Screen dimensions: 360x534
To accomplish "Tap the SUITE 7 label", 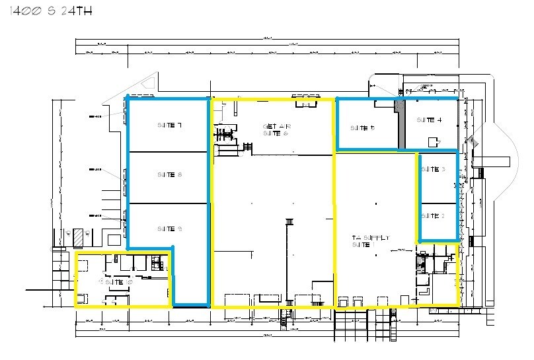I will pyautogui.click(x=170, y=125).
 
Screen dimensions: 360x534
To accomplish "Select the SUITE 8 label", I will pyautogui.click(x=170, y=175).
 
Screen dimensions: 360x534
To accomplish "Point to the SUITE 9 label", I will pyautogui.click(x=170, y=229).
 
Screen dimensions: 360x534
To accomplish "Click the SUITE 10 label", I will pyautogui.click(x=119, y=281).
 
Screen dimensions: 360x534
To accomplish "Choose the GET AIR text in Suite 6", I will pyautogui.click(x=277, y=126).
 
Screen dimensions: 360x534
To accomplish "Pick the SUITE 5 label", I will pyautogui.click(x=363, y=128).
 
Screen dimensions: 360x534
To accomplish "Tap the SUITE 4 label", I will pyautogui.click(x=430, y=120).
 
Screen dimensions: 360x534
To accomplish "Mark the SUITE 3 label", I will pyautogui.click(x=434, y=170).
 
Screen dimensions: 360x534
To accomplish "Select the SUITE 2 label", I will pyautogui.click(x=434, y=216).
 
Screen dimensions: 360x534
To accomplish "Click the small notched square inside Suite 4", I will pyautogui.click(x=434, y=141).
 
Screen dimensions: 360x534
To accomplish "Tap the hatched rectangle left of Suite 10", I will pyautogui.click(x=79, y=236).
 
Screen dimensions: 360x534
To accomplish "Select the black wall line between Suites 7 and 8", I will pyautogui.click(x=169, y=152).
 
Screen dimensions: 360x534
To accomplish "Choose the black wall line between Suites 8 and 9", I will pyautogui.click(x=169, y=203).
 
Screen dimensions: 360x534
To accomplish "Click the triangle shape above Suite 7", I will pyautogui.click(x=149, y=84).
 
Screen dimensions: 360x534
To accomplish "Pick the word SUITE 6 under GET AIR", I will pyautogui.click(x=276, y=133).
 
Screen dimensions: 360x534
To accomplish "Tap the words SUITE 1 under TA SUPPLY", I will pyautogui.click(x=363, y=245).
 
